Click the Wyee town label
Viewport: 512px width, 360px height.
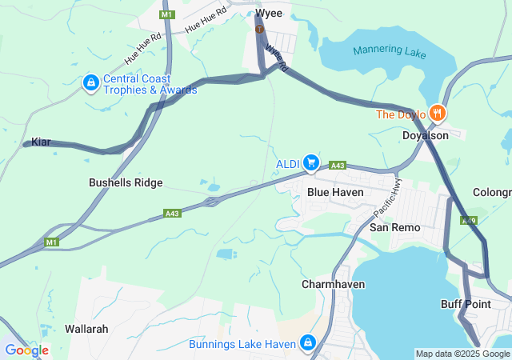[270, 13]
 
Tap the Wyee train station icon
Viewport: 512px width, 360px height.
[258, 30]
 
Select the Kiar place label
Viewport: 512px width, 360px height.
[41, 142]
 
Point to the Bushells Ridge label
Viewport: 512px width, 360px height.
[125, 182]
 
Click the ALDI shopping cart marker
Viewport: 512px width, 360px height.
[311, 163]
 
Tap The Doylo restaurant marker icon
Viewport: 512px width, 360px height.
[436, 114]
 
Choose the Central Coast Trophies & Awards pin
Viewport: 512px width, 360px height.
[91, 82]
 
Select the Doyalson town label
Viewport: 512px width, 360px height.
[425, 135]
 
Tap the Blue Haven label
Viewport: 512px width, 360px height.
[336, 192]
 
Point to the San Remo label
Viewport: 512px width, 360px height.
[394, 227]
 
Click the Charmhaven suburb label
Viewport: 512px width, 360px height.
[334, 284]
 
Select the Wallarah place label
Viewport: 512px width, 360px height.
[86, 329]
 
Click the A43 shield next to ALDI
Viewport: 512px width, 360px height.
[338, 166]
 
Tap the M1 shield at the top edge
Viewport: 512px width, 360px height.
[166, 14]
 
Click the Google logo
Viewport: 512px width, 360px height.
[26, 350]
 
